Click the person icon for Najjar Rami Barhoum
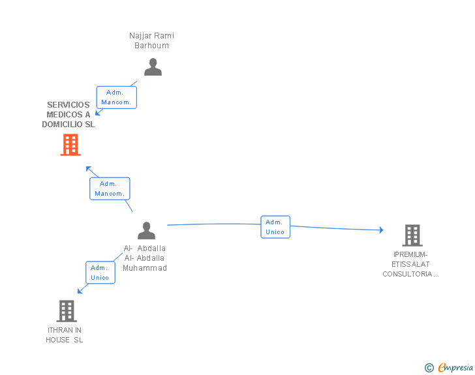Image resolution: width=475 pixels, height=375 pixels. [153, 67]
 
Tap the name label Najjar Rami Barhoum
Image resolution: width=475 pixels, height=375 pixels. [151, 40]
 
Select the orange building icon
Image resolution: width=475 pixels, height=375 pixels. [70, 145]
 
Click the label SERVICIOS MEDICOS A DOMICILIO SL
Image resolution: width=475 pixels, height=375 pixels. [69, 114]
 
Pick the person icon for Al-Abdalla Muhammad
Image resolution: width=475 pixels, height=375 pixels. [147, 230]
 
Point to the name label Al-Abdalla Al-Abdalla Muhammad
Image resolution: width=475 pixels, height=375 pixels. [145, 258]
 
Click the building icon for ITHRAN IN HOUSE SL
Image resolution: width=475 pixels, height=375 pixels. [67, 311]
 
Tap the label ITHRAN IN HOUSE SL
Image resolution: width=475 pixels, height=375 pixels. [65, 335]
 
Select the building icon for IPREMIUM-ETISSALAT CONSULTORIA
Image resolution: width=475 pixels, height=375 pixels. [412, 235]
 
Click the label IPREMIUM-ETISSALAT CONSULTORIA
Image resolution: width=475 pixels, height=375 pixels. [410, 264]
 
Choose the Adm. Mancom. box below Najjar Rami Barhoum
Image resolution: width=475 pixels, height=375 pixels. [117, 97]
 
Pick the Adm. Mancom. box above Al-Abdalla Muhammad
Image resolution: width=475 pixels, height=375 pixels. [110, 188]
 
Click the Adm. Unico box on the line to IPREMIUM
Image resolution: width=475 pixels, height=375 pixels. [275, 227]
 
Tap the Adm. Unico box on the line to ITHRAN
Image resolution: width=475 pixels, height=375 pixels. [100, 273]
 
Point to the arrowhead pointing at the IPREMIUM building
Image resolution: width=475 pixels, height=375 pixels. [381, 230]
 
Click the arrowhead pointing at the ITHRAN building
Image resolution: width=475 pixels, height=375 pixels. [80, 291]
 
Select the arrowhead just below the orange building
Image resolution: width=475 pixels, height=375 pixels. [89, 168]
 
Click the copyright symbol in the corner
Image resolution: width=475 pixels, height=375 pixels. [429, 368]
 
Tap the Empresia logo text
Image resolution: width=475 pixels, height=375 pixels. [455, 367]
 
